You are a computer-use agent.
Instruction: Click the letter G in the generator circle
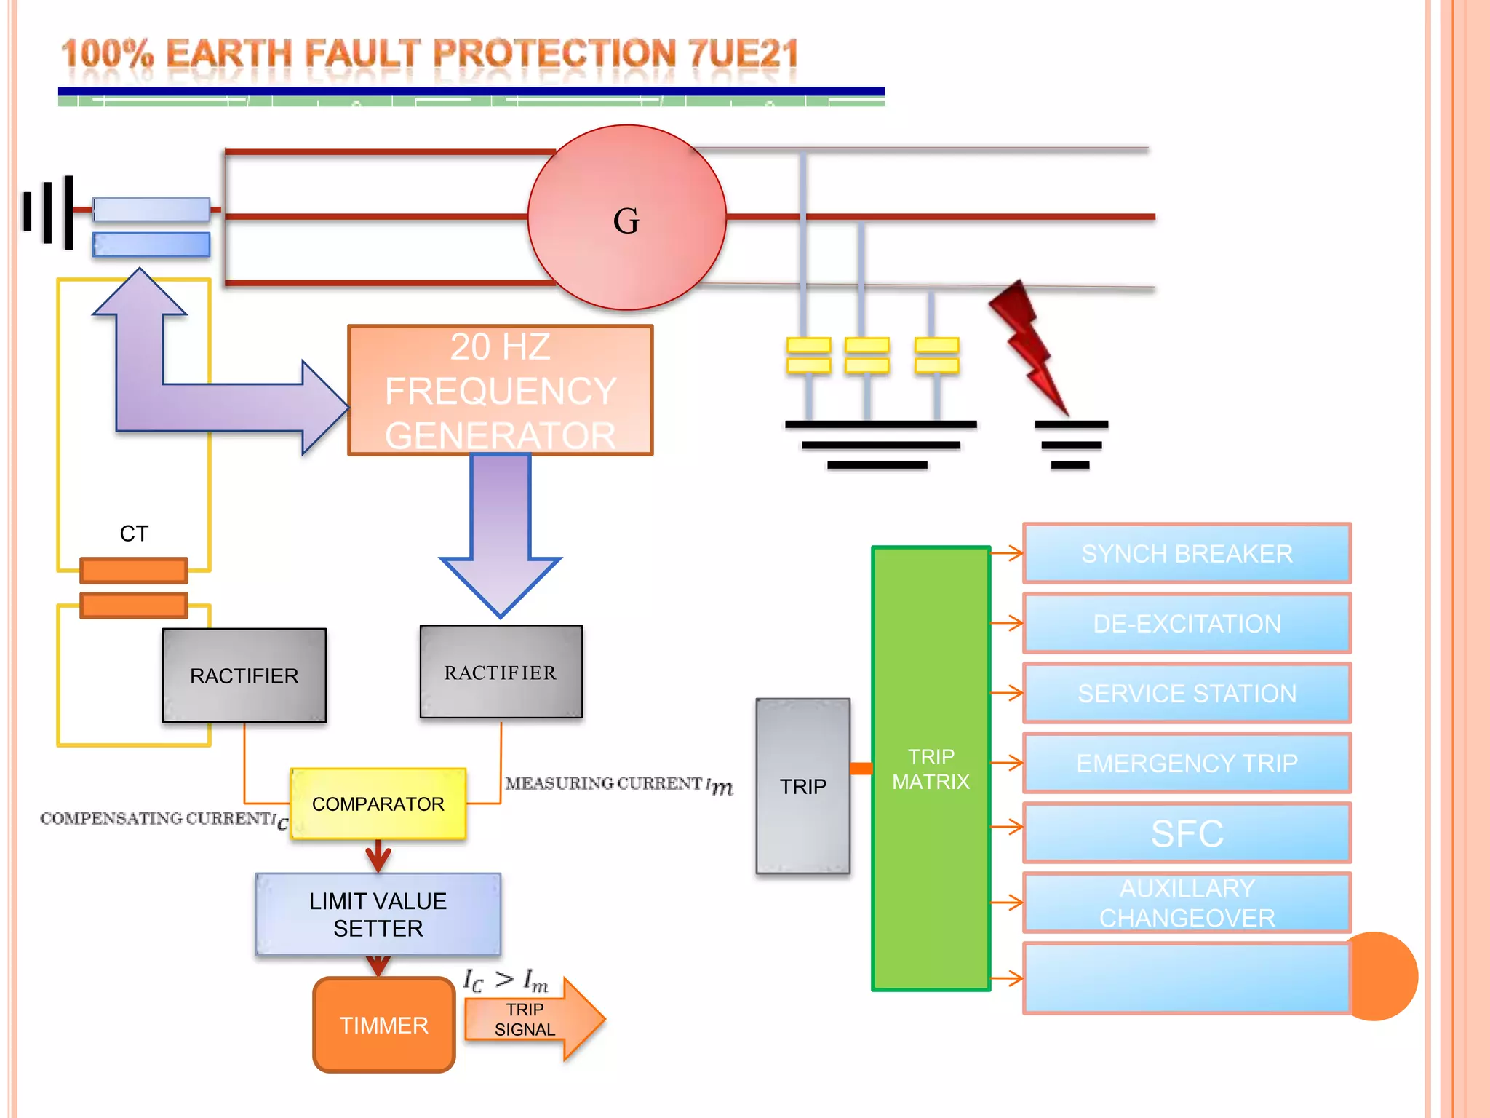(x=626, y=221)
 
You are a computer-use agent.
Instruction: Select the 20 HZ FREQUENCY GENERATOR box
(x=501, y=390)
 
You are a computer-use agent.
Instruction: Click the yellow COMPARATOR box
(x=378, y=804)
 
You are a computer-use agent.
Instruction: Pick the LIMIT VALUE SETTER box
(x=378, y=914)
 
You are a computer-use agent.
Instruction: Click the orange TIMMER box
(x=384, y=1025)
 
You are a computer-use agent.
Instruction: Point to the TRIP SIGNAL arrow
(x=535, y=1019)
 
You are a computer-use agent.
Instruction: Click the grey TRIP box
(x=803, y=786)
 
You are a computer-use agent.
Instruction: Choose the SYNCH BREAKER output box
(x=1187, y=553)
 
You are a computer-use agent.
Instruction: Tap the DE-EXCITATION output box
(x=1187, y=623)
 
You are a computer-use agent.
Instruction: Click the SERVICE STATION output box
(x=1187, y=693)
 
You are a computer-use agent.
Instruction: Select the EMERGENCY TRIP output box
(x=1187, y=763)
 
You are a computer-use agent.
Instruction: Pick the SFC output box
(x=1187, y=833)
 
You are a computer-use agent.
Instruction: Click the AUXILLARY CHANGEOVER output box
(x=1187, y=903)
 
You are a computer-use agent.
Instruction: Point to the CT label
(x=134, y=534)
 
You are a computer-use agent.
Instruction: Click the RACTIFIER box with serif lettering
(x=501, y=672)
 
